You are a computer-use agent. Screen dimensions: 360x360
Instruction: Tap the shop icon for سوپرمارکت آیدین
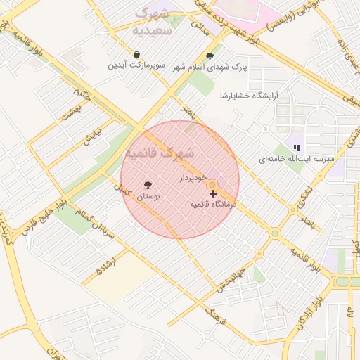(x=136, y=55)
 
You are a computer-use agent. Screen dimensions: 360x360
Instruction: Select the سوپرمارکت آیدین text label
(x=136, y=65)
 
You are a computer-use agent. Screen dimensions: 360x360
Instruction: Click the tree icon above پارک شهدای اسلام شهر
(x=210, y=56)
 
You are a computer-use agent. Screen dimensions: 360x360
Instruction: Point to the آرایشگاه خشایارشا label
(x=249, y=95)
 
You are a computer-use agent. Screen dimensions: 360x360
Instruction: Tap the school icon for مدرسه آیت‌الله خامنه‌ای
(x=297, y=148)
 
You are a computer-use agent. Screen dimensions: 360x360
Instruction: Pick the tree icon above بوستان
(x=148, y=186)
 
